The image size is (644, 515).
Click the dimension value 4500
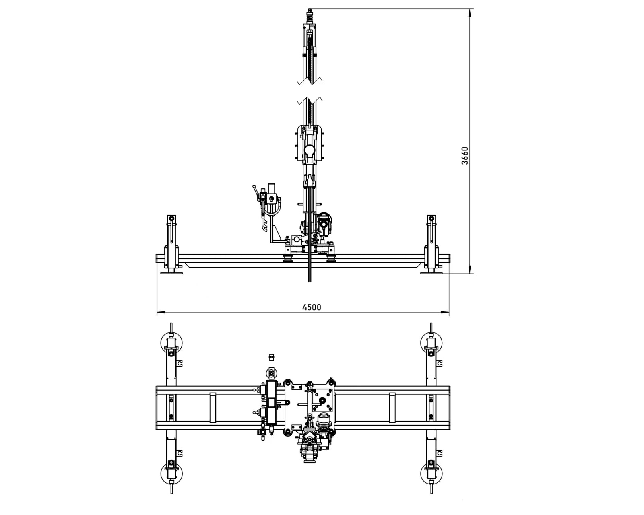[312, 307]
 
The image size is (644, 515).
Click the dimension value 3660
[465, 156]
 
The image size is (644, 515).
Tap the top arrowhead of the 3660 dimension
[470, 12]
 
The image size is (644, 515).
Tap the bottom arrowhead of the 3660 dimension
[470, 270]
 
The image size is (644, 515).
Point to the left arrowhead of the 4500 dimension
[161, 312]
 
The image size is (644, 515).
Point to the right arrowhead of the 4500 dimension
[445, 312]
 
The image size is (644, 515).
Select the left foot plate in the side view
[171, 273]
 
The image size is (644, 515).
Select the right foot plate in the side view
[431, 273]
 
